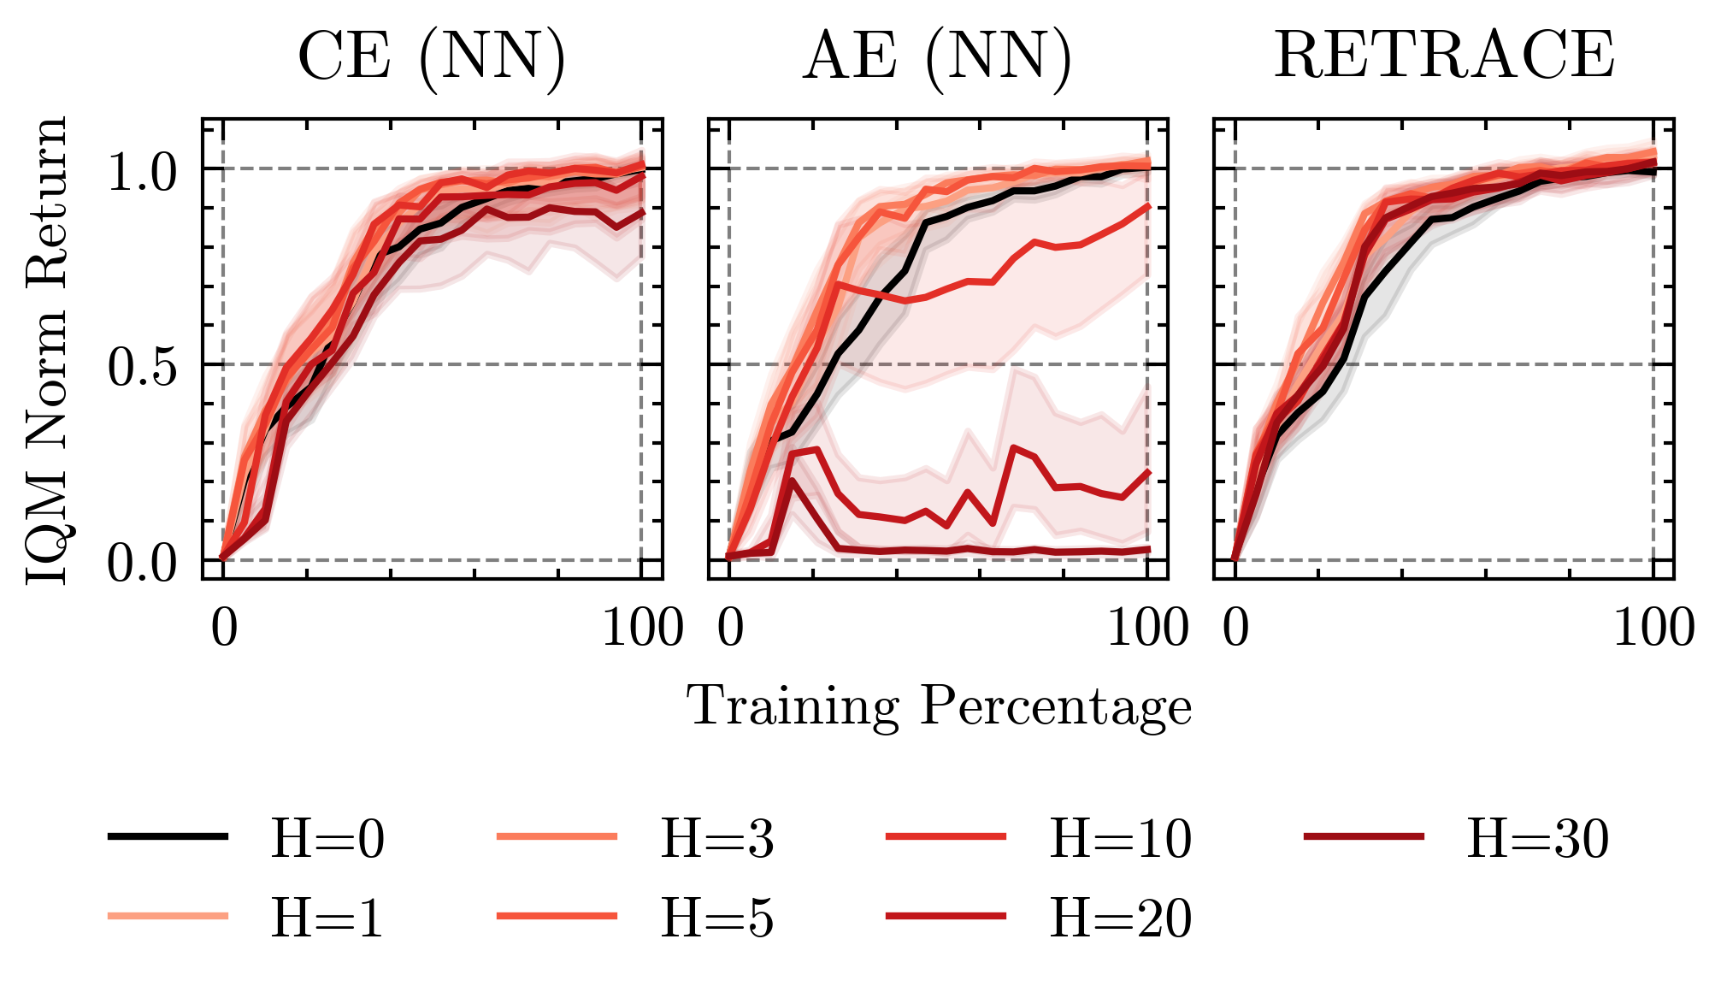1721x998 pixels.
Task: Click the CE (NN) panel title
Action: pyautogui.click(x=432, y=56)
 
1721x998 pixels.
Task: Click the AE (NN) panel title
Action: pyautogui.click(x=937, y=56)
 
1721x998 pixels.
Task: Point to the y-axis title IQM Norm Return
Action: pyautogui.click(x=47, y=351)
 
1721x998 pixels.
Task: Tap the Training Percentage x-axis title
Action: pyautogui.click(x=939, y=707)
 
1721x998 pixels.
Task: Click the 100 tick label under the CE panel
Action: pyautogui.click(x=642, y=629)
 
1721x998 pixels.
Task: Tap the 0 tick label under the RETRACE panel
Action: pyautogui.click(x=1235, y=629)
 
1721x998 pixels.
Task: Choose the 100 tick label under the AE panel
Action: pyautogui.click(x=1147, y=629)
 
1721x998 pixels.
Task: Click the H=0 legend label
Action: pyautogui.click(x=327, y=840)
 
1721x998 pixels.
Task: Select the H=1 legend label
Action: pyautogui.click(x=327, y=918)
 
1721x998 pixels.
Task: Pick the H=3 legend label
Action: pyautogui.click(x=716, y=840)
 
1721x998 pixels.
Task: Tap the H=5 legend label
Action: pyautogui.click(x=716, y=918)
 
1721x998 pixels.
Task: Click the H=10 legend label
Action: pyautogui.click(x=1120, y=840)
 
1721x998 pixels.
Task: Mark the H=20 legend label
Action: pyautogui.click(x=1120, y=918)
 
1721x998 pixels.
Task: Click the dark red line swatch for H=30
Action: pyautogui.click(x=1364, y=836)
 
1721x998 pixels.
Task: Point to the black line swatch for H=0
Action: pyautogui.click(x=168, y=836)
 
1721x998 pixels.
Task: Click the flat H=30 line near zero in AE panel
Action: pyautogui.click(x=983, y=550)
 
